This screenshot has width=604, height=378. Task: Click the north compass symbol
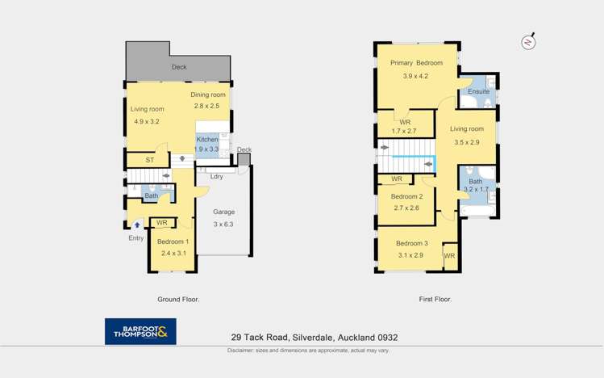(528, 42)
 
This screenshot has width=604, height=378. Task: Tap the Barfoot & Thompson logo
(140, 331)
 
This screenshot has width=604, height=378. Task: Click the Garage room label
(223, 212)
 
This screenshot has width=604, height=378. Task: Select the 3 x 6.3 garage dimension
(223, 225)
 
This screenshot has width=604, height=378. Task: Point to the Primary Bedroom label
(416, 63)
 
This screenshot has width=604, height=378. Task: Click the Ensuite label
(478, 92)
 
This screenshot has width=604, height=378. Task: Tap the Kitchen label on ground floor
(207, 140)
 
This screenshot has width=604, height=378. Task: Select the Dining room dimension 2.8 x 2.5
(206, 106)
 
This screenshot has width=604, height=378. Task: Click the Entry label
(136, 238)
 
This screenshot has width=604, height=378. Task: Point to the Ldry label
(216, 177)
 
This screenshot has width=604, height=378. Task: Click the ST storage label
(150, 161)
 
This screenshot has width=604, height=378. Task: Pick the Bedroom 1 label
(173, 242)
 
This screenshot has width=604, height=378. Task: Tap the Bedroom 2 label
(406, 196)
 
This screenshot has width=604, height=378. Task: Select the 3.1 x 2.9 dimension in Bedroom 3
(410, 255)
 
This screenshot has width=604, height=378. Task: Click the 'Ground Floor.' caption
(178, 300)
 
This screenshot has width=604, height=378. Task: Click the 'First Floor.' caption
(435, 300)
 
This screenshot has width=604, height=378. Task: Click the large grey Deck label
(179, 67)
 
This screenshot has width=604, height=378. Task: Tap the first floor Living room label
(467, 129)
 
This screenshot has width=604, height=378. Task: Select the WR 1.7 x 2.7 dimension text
(405, 132)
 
